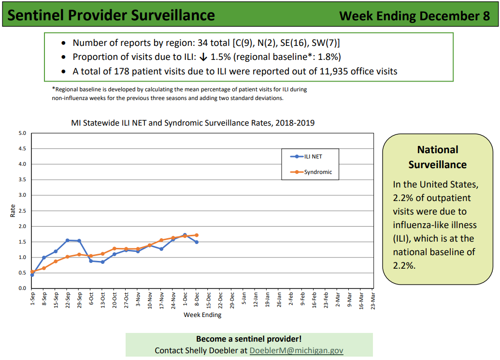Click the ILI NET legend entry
tap(311, 156)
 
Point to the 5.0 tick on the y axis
tap(22, 133)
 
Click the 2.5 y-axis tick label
tap(22, 211)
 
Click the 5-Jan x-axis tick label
tap(244, 298)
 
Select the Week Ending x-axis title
tap(202, 315)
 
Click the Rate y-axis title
tap(13, 211)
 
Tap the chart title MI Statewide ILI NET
tap(193, 123)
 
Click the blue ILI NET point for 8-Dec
tap(197, 242)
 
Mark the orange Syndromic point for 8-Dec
tap(197, 235)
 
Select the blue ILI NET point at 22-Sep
tap(68, 240)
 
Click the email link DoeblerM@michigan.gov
tap(296, 350)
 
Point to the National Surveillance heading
tap(438, 157)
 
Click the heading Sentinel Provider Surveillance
tap(112, 15)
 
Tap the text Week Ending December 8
tap(414, 16)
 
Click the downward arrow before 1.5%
tap(203, 57)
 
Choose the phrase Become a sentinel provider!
tap(249, 339)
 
